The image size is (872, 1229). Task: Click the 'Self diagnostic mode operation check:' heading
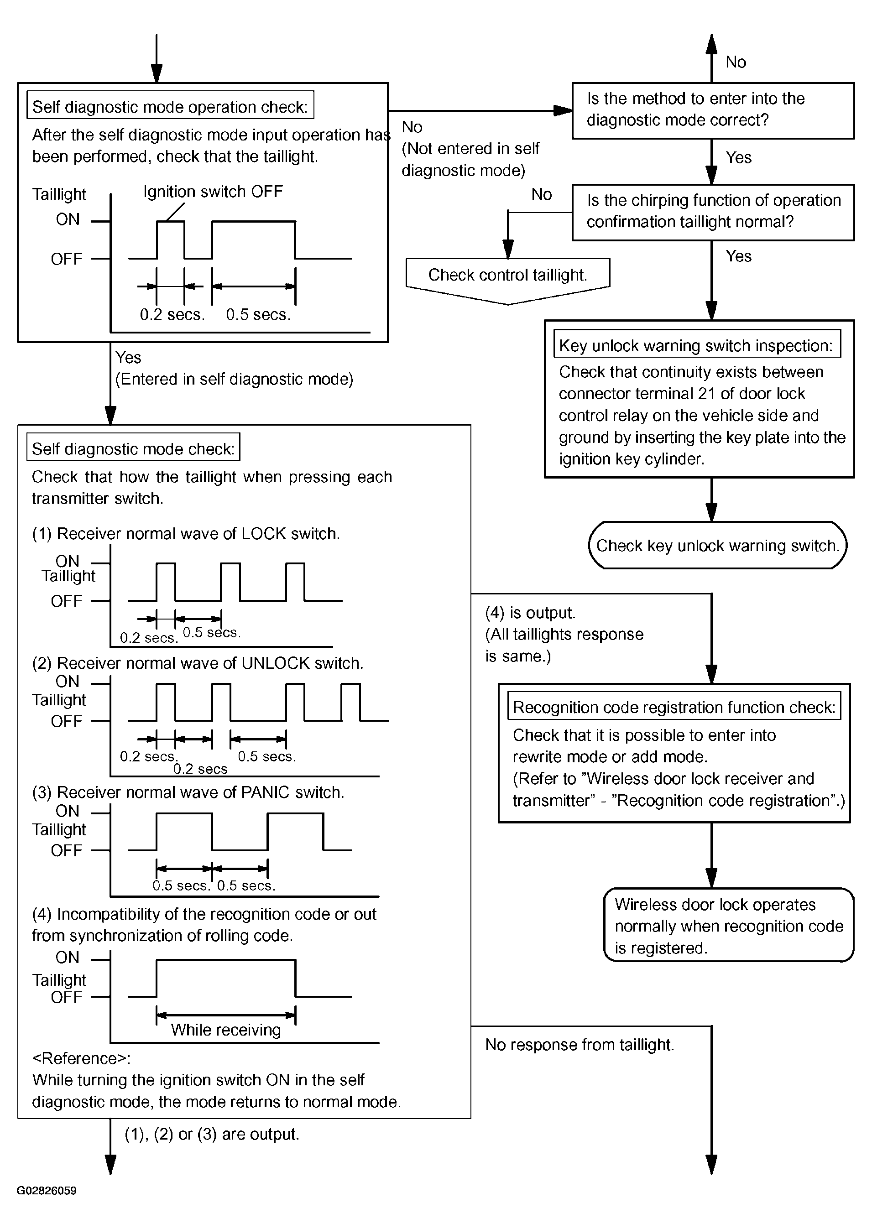click(170, 106)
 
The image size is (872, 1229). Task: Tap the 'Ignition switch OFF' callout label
click(213, 192)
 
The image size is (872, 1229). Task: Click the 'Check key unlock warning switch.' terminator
click(717, 545)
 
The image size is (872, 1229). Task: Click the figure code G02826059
click(47, 1190)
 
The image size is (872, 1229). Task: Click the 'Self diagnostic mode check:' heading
click(133, 448)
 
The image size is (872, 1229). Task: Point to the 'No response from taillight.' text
click(580, 1044)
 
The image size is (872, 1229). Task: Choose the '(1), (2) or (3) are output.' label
click(212, 1135)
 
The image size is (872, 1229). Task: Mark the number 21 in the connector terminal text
click(707, 393)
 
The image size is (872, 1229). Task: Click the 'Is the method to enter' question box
click(713, 110)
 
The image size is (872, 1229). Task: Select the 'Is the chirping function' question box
click(713, 213)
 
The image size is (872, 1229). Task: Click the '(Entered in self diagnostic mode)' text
click(234, 379)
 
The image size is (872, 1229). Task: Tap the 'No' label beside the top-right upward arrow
click(736, 62)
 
